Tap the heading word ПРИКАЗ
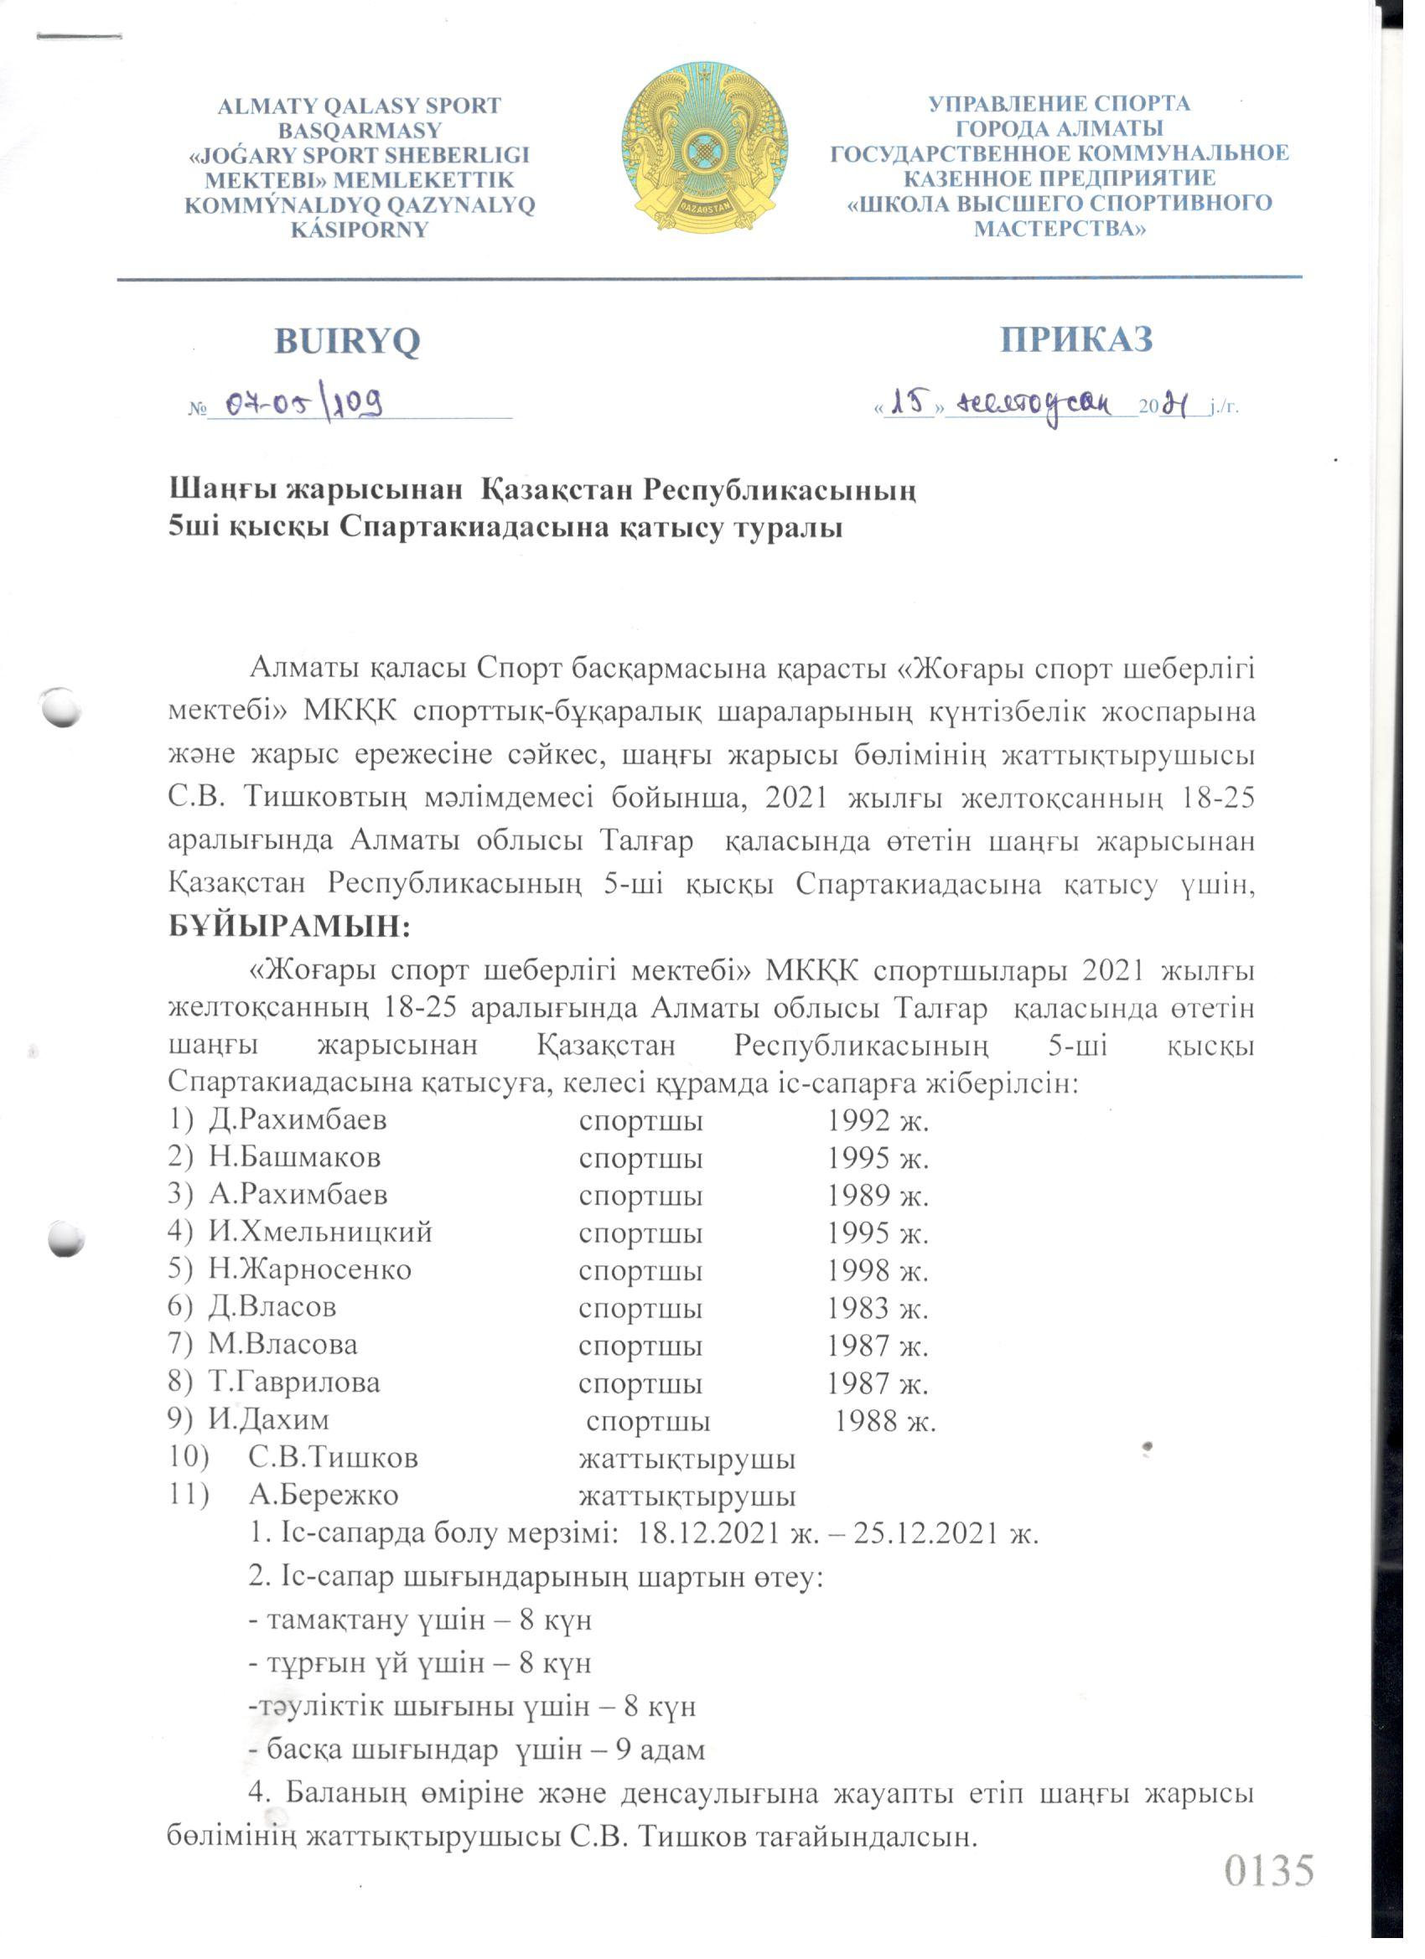pos(1077,339)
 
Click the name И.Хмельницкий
pos(319,1232)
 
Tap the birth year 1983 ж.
pos(878,1308)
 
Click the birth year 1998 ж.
pos(878,1269)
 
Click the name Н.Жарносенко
pos(309,1269)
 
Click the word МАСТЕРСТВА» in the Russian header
pos(1060,229)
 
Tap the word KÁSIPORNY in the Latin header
pos(360,230)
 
